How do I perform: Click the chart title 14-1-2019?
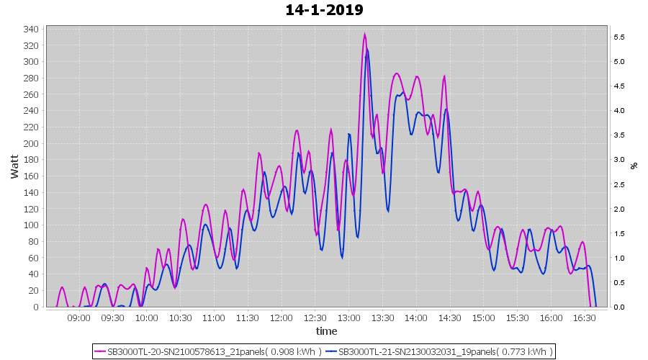tap(324, 10)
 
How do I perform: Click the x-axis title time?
tap(326, 331)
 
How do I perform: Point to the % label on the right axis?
tap(634, 166)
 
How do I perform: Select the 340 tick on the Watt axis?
tap(31, 30)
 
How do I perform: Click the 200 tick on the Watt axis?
tap(31, 143)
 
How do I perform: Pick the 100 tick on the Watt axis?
tap(31, 225)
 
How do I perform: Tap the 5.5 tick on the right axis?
tap(618, 37)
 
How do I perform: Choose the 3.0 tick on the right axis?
tap(618, 160)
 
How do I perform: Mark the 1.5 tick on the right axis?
tap(618, 234)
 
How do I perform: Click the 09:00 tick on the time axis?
tap(79, 318)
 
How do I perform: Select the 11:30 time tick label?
tap(248, 318)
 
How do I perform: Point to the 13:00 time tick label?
tap(349, 318)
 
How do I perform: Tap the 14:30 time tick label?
tap(450, 318)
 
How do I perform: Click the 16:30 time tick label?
tap(585, 318)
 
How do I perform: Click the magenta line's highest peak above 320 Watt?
tap(364, 34)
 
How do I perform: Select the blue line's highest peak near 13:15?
tap(367, 49)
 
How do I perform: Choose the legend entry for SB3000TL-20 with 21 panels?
tap(207, 351)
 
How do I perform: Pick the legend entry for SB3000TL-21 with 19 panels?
tap(439, 351)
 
